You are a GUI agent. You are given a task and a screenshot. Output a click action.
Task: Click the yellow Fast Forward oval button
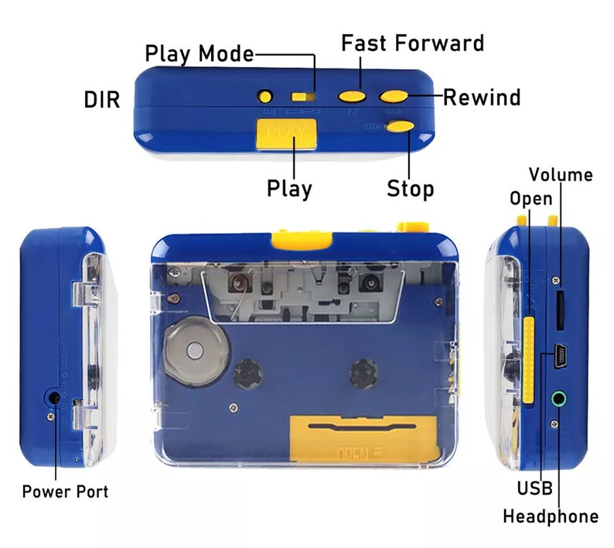click(353, 96)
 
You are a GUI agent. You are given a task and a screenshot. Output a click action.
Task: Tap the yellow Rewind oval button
click(394, 96)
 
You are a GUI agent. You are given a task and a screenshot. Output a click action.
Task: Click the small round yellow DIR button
click(265, 97)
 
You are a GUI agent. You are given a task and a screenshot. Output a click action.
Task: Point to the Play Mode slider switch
click(302, 97)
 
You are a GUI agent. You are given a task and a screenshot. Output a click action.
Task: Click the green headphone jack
click(559, 399)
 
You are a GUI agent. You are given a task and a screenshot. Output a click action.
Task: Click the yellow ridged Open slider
click(528, 360)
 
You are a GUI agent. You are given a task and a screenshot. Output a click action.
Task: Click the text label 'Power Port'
click(65, 491)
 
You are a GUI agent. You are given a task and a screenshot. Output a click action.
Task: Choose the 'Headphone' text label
click(550, 516)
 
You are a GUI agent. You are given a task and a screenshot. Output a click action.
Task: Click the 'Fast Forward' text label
click(412, 42)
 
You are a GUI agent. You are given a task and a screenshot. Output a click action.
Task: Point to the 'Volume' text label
click(561, 174)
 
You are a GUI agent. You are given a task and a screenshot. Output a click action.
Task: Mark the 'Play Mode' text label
click(200, 54)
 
